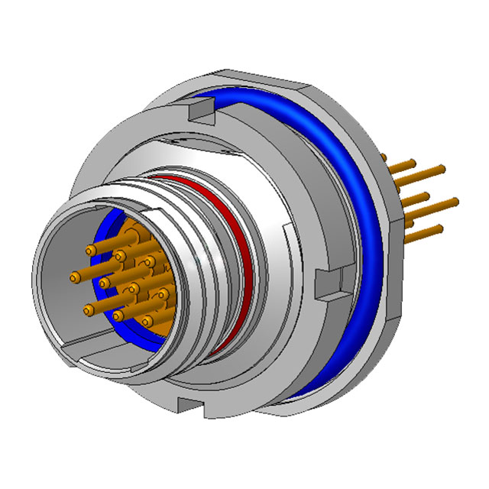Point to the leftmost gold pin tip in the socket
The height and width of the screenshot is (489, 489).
[x=75, y=275]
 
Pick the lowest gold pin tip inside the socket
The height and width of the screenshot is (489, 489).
[x=118, y=314]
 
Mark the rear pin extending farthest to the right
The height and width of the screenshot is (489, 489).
[x=455, y=201]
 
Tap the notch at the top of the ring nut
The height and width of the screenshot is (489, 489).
[x=197, y=114]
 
